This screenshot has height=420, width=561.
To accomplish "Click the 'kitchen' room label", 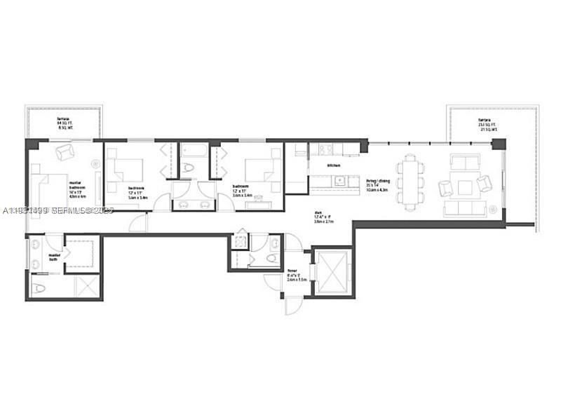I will (x=334, y=165).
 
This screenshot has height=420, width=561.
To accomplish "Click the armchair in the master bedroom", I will (x=65, y=151).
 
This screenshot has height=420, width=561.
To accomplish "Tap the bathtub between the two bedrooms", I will (x=191, y=151).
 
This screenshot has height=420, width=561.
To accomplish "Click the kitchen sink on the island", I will (x=339, y=180).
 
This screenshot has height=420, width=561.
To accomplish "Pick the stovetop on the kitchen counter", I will (x=325, y=149).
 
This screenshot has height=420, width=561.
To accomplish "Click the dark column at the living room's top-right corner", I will (x=499, y=144).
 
